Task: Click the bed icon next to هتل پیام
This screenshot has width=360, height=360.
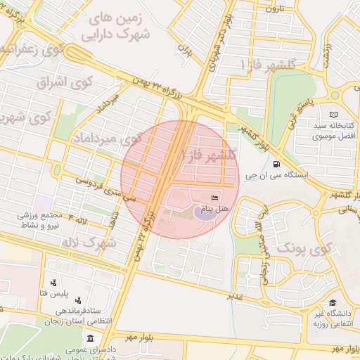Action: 214,198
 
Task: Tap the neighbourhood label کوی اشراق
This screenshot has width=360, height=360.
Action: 53,82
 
